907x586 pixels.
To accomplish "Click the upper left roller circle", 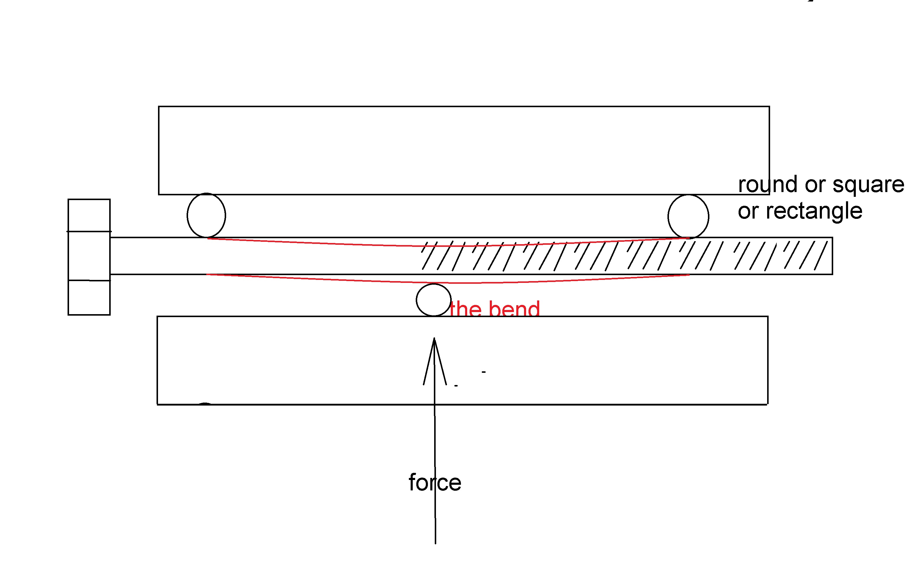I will [206, 215].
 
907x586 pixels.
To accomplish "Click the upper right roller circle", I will [688, 216].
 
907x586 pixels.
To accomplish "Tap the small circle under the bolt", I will [434, 300].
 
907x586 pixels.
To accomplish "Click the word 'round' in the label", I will [767, 185].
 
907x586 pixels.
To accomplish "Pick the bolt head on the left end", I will [89, 257].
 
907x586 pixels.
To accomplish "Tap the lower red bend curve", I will [342, 280].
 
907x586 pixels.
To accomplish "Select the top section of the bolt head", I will [89, 215].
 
